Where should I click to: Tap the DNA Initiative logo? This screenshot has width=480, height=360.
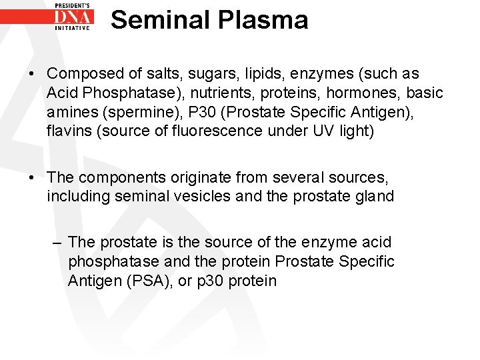point(73,17)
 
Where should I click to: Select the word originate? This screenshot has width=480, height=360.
point(193,178)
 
